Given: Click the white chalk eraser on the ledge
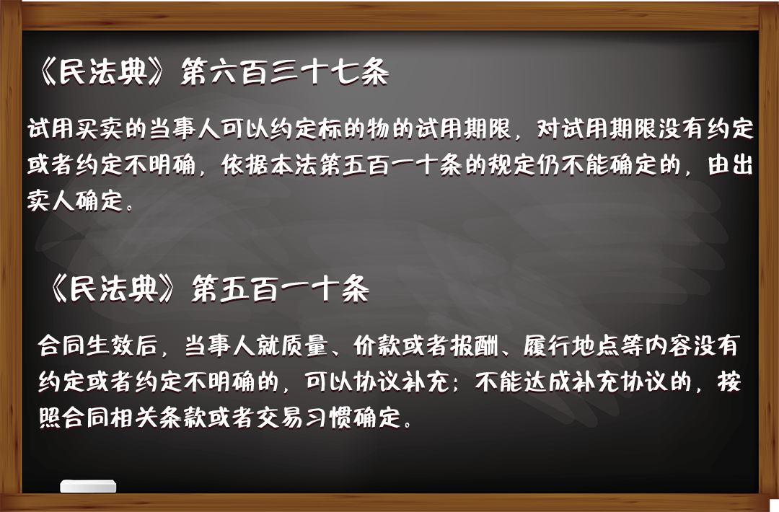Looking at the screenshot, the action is click(x=89, y=486).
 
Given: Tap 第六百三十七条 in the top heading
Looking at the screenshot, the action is click(x=285, y=73).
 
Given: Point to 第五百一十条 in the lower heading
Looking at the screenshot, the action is click(x=281, y=288).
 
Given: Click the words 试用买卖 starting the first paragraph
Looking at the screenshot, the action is click(x=76, y=128).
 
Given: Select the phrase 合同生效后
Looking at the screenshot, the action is click(x=98, y=345).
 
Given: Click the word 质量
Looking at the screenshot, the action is click(x=304, y=345).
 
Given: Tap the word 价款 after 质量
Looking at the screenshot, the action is click(x=377, y=345).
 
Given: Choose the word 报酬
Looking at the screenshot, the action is click(x=474, y=345).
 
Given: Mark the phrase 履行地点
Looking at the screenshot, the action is click(x=571, y=345).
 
